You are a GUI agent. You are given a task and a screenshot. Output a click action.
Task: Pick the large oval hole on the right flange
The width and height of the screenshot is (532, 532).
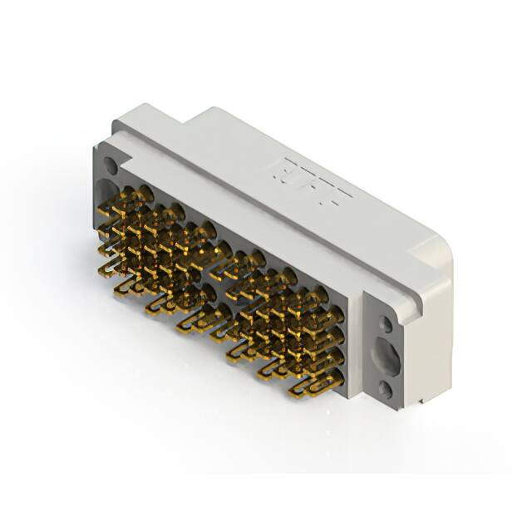pyautogui.click(x=387, y=356)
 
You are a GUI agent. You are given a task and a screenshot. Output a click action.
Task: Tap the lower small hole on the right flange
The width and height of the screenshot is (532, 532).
pyautogui.click(x=385, y=388)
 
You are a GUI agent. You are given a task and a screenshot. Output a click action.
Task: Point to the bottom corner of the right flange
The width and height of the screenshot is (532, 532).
pyautogui.click(x=403, y=407)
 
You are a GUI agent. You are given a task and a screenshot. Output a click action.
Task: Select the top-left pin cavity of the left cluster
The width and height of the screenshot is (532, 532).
pyautogui.click(x=144, y=195)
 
